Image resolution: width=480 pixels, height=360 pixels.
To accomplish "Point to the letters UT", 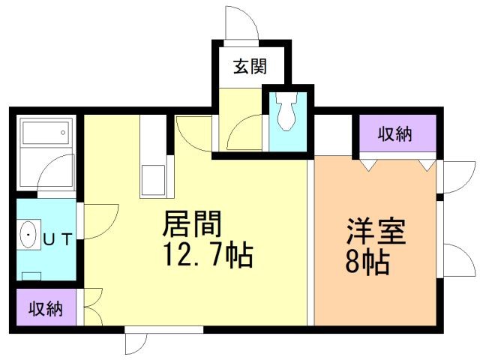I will pos(57,240).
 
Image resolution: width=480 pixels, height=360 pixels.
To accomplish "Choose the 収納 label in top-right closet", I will pos(394,135).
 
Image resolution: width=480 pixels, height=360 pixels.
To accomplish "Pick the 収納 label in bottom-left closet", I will pos(46,308).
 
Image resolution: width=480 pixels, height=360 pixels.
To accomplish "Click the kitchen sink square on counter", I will pos(154,181).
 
